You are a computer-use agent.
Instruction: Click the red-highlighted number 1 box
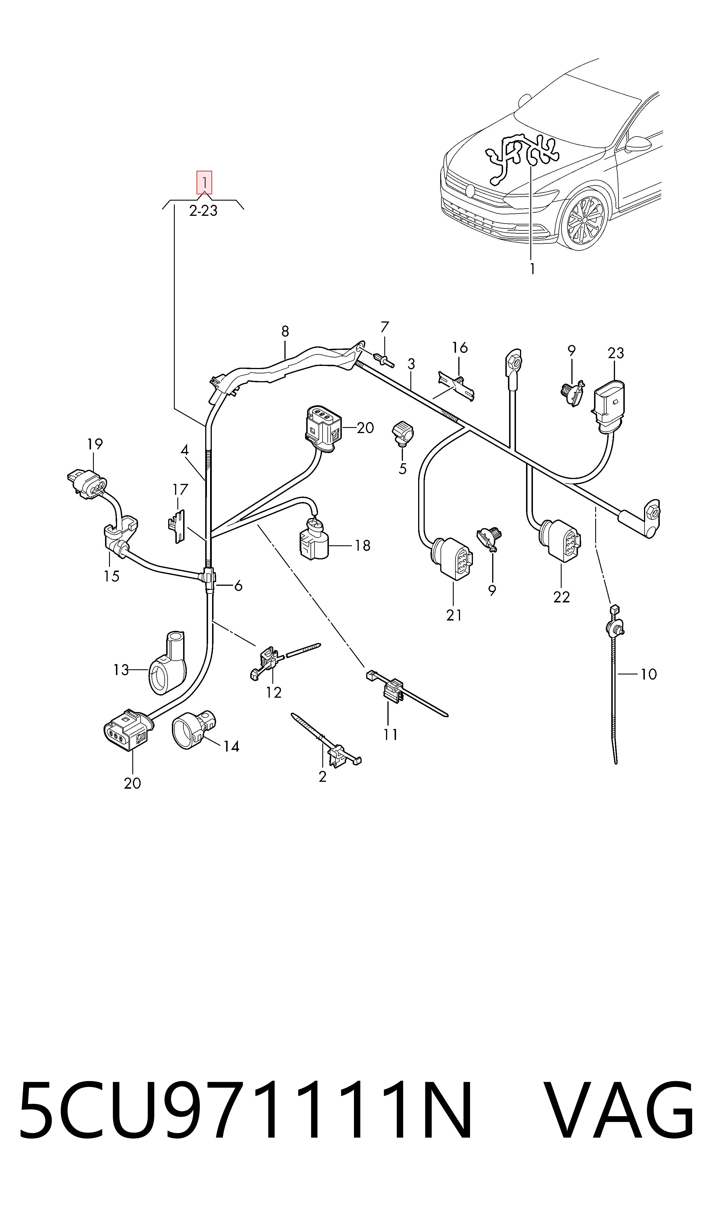point(204,182)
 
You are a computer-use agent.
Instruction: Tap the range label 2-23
point(203,211)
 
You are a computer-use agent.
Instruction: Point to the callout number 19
point(95,444)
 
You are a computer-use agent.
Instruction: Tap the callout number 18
point(363,546)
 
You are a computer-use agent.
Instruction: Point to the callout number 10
point(648,674)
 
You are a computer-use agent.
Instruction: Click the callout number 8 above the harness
point(285,331)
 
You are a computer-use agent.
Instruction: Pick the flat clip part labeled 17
point(177,526)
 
